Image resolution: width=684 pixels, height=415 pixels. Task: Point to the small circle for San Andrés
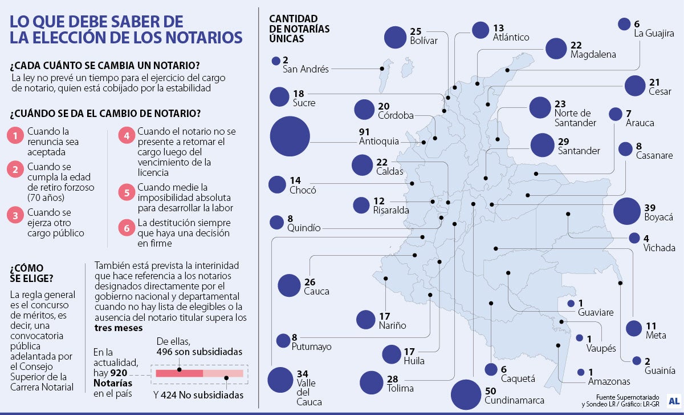(x=276, y=61)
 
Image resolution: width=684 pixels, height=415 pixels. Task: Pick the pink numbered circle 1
(x=15, y=135)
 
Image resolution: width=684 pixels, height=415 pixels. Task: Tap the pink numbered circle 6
(x=126, y=227)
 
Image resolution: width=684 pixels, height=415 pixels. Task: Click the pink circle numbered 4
(x=126, y=135)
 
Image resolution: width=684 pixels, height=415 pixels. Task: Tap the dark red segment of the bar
(x=179, y=373)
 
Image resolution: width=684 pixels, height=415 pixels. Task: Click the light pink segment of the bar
(x=223, y=373)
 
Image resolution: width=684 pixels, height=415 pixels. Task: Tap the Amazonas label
(x=609, y=381)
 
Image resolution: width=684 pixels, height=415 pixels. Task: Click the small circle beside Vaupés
(x=580, y=338)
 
